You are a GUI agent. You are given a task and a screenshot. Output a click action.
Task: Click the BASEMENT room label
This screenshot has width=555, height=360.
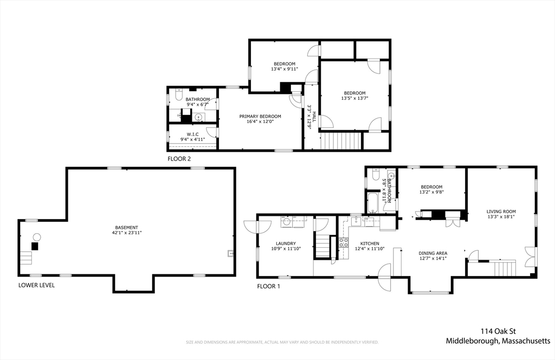pos(126,227)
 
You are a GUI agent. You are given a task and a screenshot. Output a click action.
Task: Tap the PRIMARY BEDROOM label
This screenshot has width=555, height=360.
pos(260,117)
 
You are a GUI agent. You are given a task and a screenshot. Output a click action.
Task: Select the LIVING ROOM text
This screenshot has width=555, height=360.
pos(501,211)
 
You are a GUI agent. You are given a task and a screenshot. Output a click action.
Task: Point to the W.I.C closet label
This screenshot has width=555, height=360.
pos(192,134)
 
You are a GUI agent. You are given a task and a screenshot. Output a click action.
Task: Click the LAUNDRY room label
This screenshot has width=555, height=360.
pos(286,243)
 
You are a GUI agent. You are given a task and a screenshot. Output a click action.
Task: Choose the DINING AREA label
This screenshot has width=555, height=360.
pos(433,253)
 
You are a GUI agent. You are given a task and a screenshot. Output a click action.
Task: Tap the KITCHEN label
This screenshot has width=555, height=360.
pos(370,243)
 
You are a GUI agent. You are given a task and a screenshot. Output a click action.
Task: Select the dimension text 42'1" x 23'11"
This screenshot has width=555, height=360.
pos(126,233)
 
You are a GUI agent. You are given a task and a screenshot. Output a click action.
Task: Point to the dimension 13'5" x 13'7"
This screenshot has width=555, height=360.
pos(354,99)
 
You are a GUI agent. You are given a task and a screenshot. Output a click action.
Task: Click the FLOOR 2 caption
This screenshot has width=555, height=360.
pos(179,159)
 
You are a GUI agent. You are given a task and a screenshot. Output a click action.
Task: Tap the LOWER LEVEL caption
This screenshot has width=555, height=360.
pos(36,285)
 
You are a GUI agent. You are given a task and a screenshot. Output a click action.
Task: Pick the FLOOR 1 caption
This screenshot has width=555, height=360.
pos(268,286)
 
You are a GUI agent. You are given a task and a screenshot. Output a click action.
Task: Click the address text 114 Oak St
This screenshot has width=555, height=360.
pos(498,331)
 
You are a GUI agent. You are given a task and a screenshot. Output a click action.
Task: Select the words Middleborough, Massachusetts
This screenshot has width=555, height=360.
pos(498,341)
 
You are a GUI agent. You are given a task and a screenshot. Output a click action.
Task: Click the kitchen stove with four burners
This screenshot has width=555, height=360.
pos(343,242)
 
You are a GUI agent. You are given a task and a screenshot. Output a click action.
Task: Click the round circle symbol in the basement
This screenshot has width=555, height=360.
pos(36,237)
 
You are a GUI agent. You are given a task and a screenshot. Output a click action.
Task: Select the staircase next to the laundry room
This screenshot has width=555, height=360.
pos(322,247)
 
